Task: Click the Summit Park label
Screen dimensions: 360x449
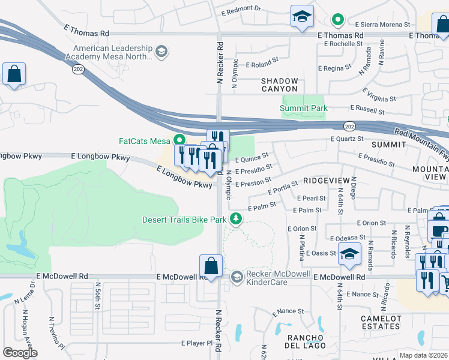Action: point(304,108)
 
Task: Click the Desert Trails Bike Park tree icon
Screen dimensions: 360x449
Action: point(237,220)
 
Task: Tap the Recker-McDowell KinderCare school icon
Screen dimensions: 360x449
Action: point(237,277)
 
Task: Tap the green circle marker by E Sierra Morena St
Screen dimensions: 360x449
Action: point(338,20)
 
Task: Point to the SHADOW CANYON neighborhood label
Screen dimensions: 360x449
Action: point(279,85)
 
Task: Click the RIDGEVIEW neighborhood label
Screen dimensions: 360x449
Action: point(325,180)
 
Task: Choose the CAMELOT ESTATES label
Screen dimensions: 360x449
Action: point(381,322)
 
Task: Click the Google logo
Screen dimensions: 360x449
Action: point(20,353)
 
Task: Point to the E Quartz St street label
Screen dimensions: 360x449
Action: point(347,139)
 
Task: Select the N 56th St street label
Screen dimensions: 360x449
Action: point(97,298)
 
